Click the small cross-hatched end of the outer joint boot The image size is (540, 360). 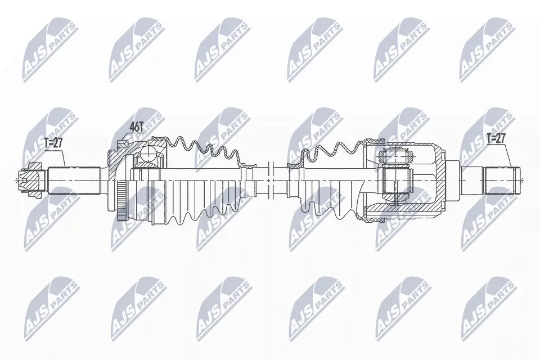point(246,165)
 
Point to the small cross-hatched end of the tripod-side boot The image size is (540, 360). point(293,165)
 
